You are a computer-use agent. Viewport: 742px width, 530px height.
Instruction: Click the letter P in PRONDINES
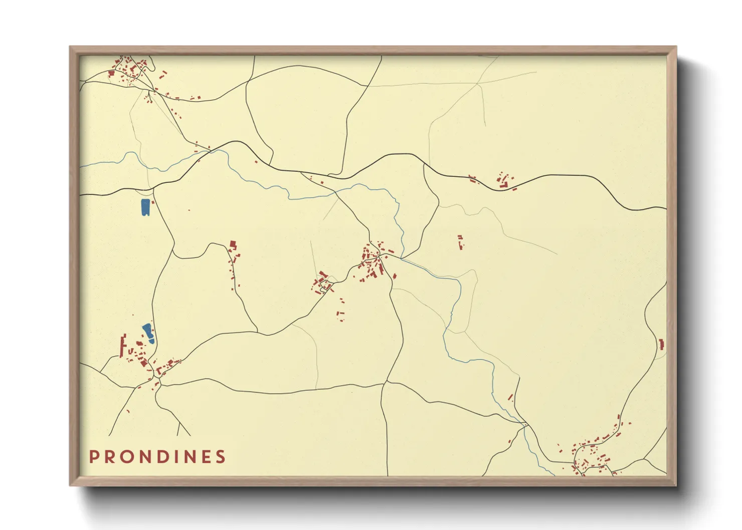coord(94,457)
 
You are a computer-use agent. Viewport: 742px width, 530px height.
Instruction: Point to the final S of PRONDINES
coord(220,457)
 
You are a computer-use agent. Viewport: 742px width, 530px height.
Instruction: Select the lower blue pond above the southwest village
coord(148,333)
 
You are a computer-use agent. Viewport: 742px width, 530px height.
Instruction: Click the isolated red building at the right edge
coord(661,344)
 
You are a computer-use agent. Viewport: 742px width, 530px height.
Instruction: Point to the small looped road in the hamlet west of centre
coord(325,286)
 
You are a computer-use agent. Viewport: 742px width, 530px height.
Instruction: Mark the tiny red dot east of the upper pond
coord(189,210)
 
